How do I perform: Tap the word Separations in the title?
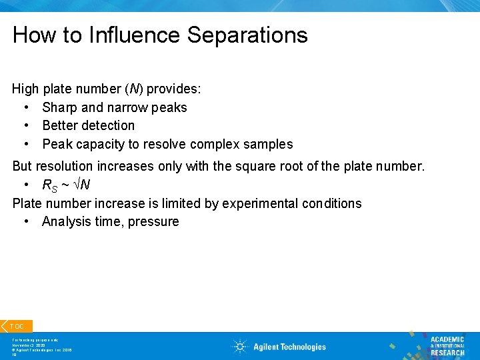247,35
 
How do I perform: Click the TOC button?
17,326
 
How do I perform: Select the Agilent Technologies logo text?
289,347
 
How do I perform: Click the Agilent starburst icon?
240,346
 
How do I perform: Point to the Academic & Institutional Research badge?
447,345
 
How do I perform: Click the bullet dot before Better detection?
25,125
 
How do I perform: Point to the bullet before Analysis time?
25,221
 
